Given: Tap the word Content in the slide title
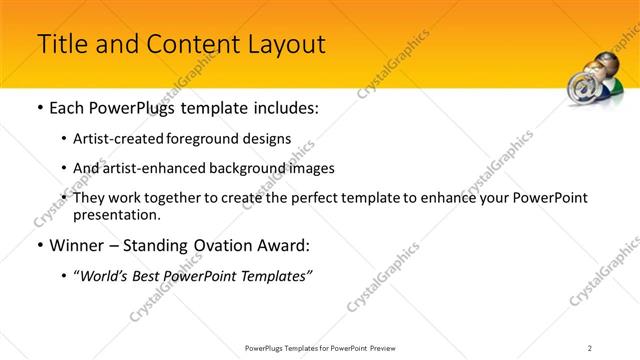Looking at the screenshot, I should pos(186,45).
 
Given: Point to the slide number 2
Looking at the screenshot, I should pos(590,347).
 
